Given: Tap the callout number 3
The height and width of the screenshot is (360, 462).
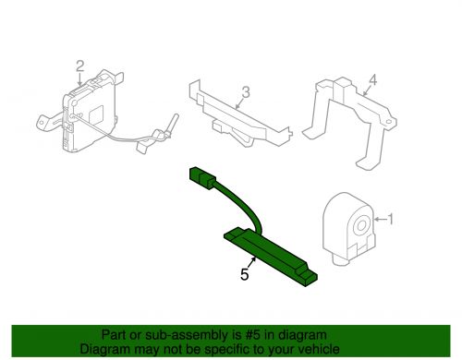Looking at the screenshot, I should [x=247, y=91].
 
